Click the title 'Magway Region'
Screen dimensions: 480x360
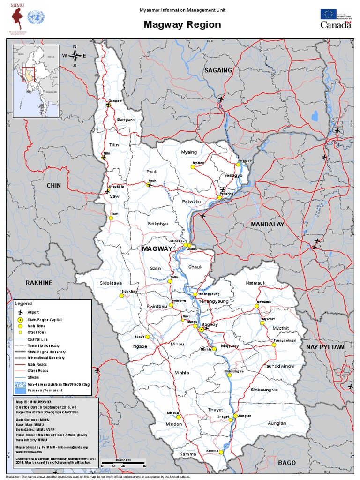point(182,25)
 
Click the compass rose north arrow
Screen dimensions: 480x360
point(75,55)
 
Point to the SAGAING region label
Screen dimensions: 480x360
point(218,70)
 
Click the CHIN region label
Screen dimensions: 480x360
point(53,186)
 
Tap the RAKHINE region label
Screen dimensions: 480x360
point(39,283)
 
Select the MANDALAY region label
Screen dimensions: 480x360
point(267,225)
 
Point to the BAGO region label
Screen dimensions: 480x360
point(286,463)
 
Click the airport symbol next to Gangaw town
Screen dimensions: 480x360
point(109,105)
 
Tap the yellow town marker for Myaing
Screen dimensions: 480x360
point(192,166)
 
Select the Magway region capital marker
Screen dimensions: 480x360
point(201,330)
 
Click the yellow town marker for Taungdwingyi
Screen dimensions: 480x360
point(274,345)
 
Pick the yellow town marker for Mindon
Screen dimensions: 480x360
point(178,417)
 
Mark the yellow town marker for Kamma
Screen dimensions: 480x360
point(221,452)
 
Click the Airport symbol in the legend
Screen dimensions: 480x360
point(20,312)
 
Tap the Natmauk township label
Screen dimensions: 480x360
point(256,283)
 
